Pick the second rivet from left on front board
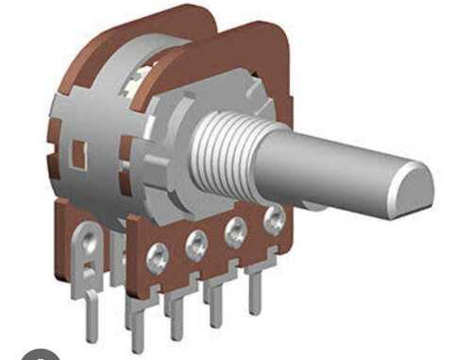pos(196,245)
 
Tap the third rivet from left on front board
pos(235,232)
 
